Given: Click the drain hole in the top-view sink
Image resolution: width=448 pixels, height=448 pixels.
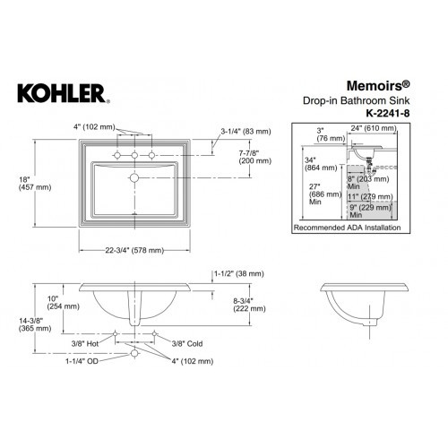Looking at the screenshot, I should (x=134, y=178).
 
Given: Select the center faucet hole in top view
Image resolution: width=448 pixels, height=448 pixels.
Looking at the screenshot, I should (x=134, y=156).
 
